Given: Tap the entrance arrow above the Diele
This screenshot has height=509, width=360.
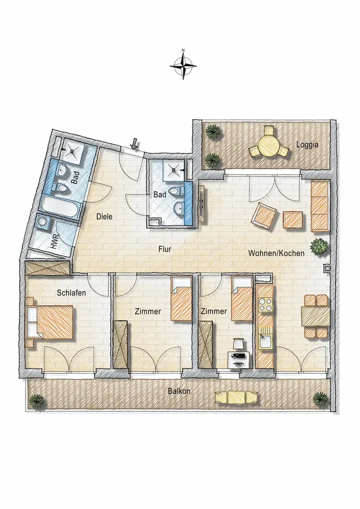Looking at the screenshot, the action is (x=133, y=143).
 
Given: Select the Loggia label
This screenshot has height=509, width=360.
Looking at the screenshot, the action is (x=307, y=145).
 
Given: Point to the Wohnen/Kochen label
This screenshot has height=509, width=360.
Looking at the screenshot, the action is (x=276, y=253).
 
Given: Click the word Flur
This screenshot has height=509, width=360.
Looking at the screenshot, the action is (x=164, y=249).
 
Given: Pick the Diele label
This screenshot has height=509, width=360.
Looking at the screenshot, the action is (x=104, y=216).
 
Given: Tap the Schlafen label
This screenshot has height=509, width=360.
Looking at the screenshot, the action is (x=71, y=293).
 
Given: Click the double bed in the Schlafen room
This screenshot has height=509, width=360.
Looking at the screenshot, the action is (x=50, y=322).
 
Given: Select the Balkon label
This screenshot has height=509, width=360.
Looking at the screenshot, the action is (x=179, y=391).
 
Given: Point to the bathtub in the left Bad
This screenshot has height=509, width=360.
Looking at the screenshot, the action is (x=60, y=207).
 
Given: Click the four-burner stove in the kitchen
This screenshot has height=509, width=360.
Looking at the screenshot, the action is (x=265, y=304).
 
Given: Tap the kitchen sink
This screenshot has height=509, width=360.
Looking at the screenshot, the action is (x=265, y=341).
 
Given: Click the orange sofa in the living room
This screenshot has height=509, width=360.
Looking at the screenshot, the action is (x=320, y=206).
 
